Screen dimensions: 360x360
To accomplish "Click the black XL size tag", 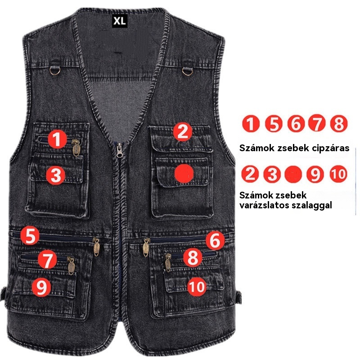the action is point(120,21).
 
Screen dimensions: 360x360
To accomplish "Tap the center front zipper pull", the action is point(119,150).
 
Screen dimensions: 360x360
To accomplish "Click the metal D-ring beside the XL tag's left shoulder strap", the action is point(54,71).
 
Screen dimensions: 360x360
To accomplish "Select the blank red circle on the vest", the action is point(184,174).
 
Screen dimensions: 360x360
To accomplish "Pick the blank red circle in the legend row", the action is point(293,174).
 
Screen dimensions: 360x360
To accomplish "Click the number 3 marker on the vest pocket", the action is point(55,175).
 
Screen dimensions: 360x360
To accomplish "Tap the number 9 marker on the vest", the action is point(41,287).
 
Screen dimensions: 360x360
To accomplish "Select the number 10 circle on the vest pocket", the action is point(197,287).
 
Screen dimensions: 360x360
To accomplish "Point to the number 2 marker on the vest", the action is point(183,132).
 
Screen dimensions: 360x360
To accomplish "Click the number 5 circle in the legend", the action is point(274,124).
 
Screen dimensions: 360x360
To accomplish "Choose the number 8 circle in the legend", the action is point(339,123).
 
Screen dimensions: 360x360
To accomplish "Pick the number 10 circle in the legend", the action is point(338,174).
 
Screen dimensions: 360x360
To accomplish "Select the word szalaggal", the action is point(312,205).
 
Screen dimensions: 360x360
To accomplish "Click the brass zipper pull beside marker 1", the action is point(76,148).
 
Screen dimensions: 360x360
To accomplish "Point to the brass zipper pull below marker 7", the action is point(71,266).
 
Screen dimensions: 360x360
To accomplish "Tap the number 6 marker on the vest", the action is point(215,240).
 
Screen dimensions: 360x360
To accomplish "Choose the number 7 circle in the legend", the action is point(317,123).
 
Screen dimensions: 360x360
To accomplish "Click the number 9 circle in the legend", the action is point(315,174).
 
